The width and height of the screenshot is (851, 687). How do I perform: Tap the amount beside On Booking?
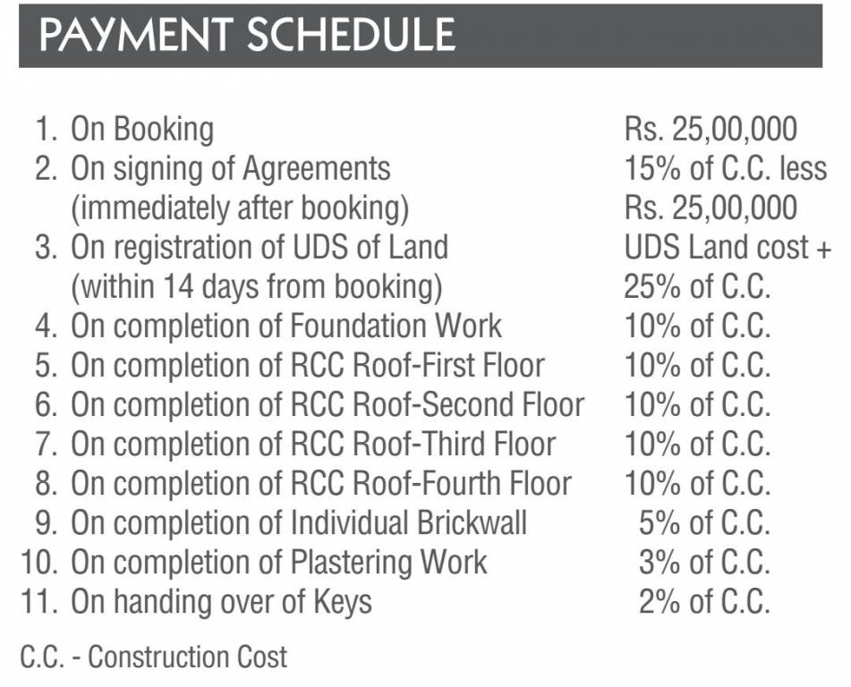tap(711, 130)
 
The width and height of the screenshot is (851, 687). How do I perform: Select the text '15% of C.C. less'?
tap(725, 169)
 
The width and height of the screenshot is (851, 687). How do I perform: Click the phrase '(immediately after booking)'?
tap(240, 208)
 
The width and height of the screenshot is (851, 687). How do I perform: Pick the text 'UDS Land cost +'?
tap(728, 248)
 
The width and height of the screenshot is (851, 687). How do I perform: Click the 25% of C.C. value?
tap(697, 287)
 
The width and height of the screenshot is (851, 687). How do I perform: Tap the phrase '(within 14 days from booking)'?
tap(257, 287)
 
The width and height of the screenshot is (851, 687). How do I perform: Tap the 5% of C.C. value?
tap(704, 523)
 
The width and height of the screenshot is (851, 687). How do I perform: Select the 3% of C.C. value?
tap(704, 563)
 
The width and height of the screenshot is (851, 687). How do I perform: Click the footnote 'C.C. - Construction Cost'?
tap(154, 657)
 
